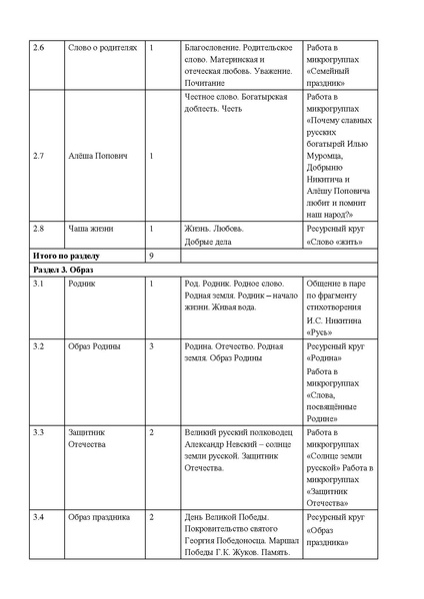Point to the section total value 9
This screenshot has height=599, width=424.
150,256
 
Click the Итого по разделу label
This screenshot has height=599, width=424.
65,256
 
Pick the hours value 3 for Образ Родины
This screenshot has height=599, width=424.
150,345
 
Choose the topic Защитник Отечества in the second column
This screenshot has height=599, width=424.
89,438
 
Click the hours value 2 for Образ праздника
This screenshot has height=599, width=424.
150,517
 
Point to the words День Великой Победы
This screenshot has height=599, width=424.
229,517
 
